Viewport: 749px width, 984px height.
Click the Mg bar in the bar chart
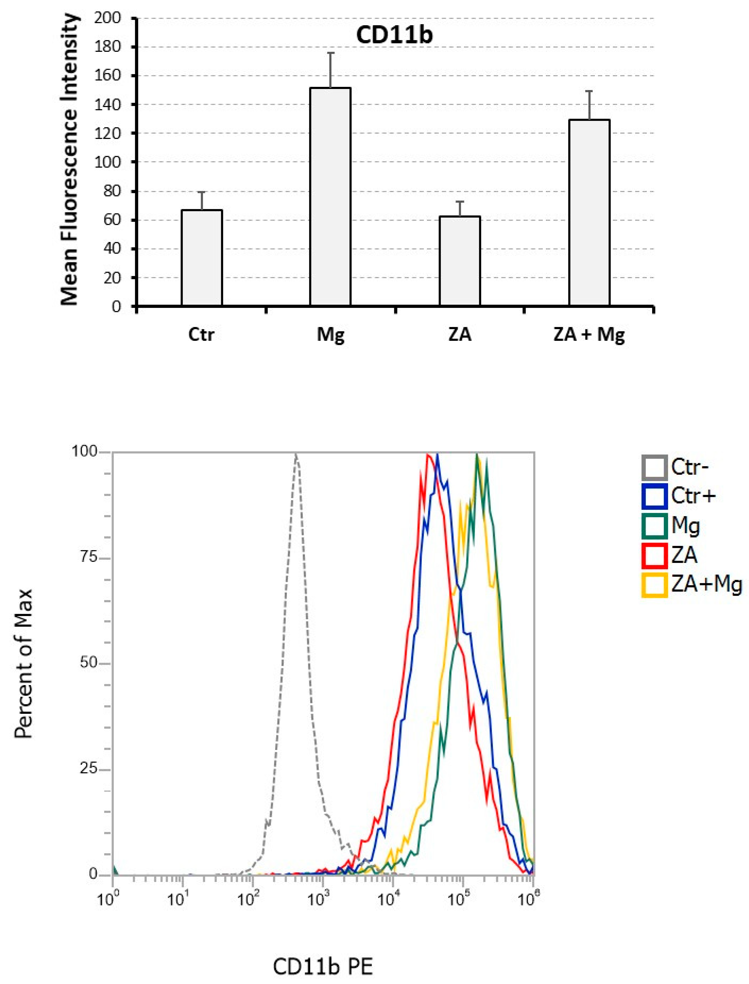point(330,196)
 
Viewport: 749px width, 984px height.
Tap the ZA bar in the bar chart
point(460,261)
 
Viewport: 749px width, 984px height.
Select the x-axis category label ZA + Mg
point(589,334)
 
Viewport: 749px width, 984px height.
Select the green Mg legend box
point(654,526)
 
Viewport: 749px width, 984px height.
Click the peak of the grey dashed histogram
point(296,455)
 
